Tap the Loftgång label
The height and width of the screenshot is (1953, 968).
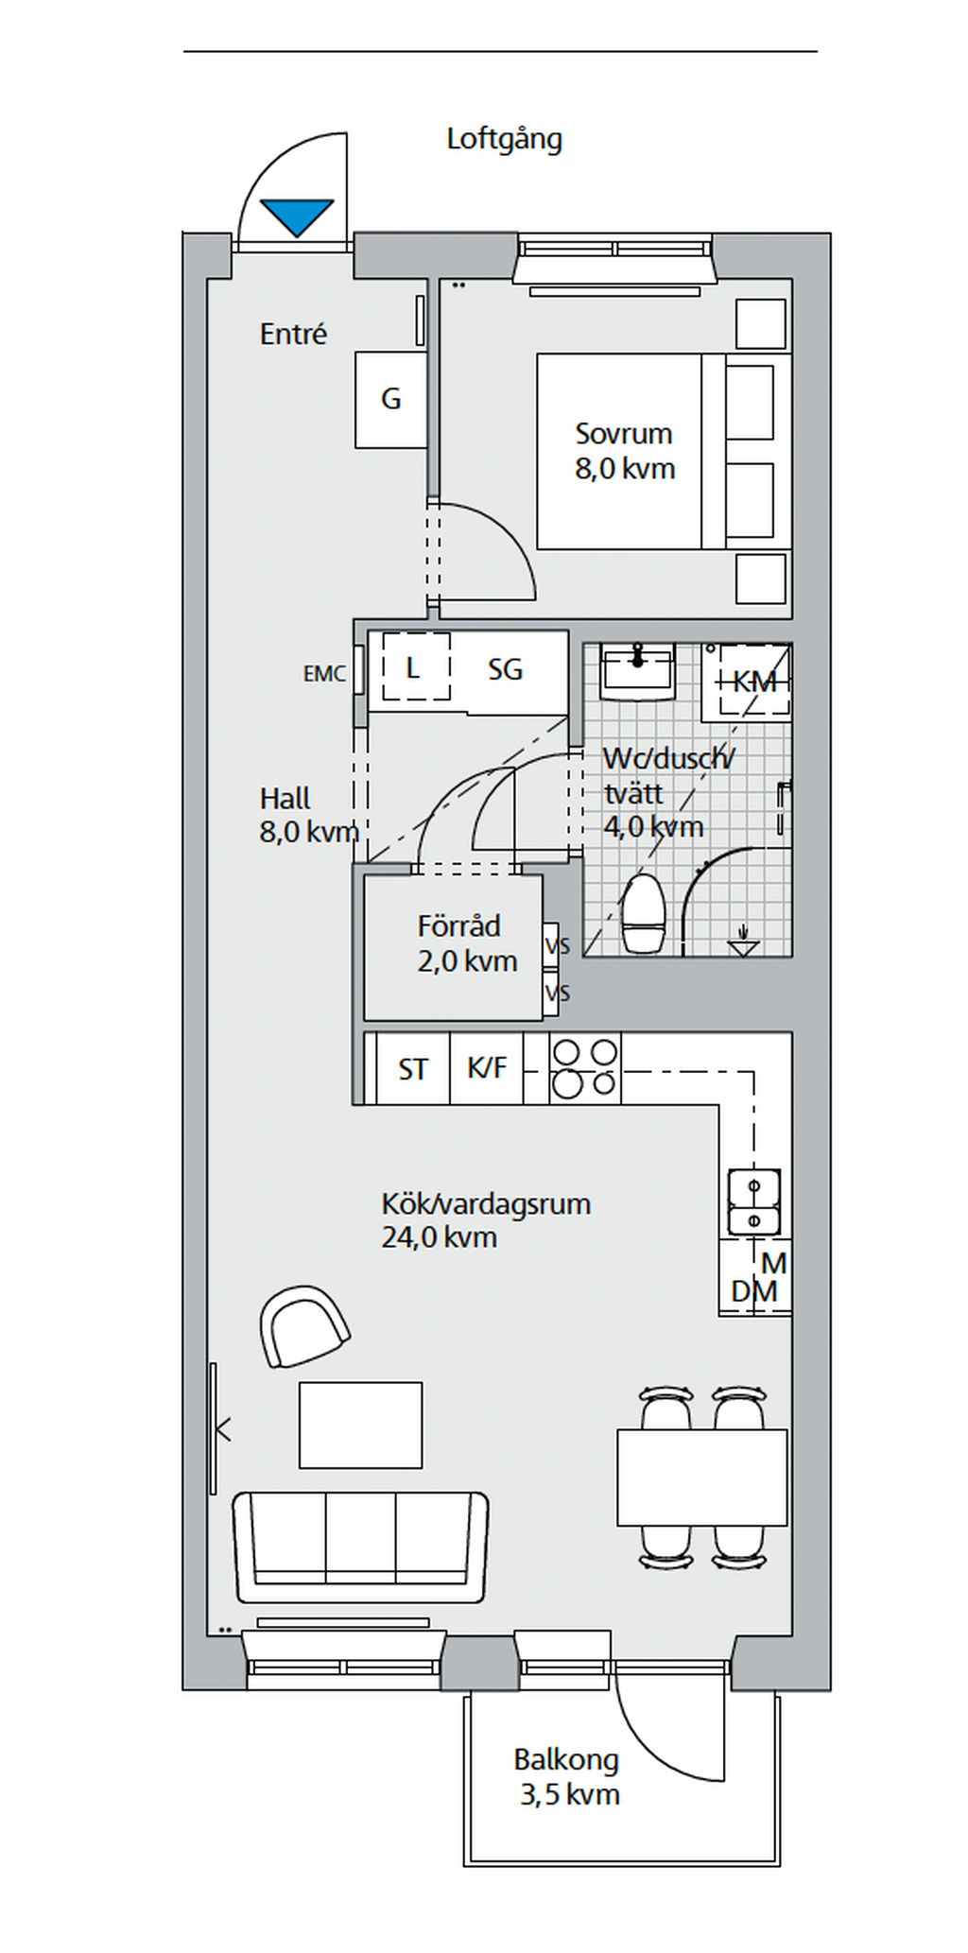pyautogui.click(x=504, y=139)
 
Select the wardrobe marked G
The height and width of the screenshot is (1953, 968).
pyautogui.click(x=390, y=400)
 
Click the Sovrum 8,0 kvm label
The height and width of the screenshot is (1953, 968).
pyautogui.click(x=624, y=451)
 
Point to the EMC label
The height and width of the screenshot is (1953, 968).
pyautogui.click(x=324, y=674)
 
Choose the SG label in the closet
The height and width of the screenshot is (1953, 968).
pyautogui.click(x=506, y=670)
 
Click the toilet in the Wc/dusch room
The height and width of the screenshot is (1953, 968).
pyautogui.click(x=644, y=913)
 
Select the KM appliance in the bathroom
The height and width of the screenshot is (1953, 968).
pyautogui.click(x=754, y=681)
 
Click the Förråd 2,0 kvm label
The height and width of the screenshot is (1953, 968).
pyautogui.click(x=466, y=943)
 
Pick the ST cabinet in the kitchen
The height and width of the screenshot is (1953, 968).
pyautogui.click(x=412, y=1069)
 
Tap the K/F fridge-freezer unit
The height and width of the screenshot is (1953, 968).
pyautogui.click(x=487, y=1068)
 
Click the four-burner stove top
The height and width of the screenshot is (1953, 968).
pyautogui.click(x=585, y=1068)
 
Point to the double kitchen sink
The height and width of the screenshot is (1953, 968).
pyautogui.click(x=753, y=1201)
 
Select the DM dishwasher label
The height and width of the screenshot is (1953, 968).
pyautogui.click(x=754, y=1291)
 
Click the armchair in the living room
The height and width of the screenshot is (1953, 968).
pyautogui.click(x=302, y=1325)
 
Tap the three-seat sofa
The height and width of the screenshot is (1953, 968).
pyautogui.click(x=360, y=1547)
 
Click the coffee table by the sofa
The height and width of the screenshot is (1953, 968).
pyautogui.click(x=360, y=1425)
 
